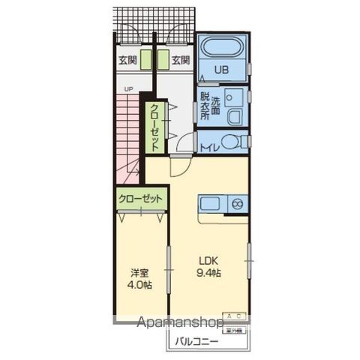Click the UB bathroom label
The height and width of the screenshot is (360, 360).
[221, 71]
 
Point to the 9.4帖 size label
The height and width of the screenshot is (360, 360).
[209, 272]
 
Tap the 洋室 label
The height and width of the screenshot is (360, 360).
[138, 274]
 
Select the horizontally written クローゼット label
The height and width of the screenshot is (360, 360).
[140, 199]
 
